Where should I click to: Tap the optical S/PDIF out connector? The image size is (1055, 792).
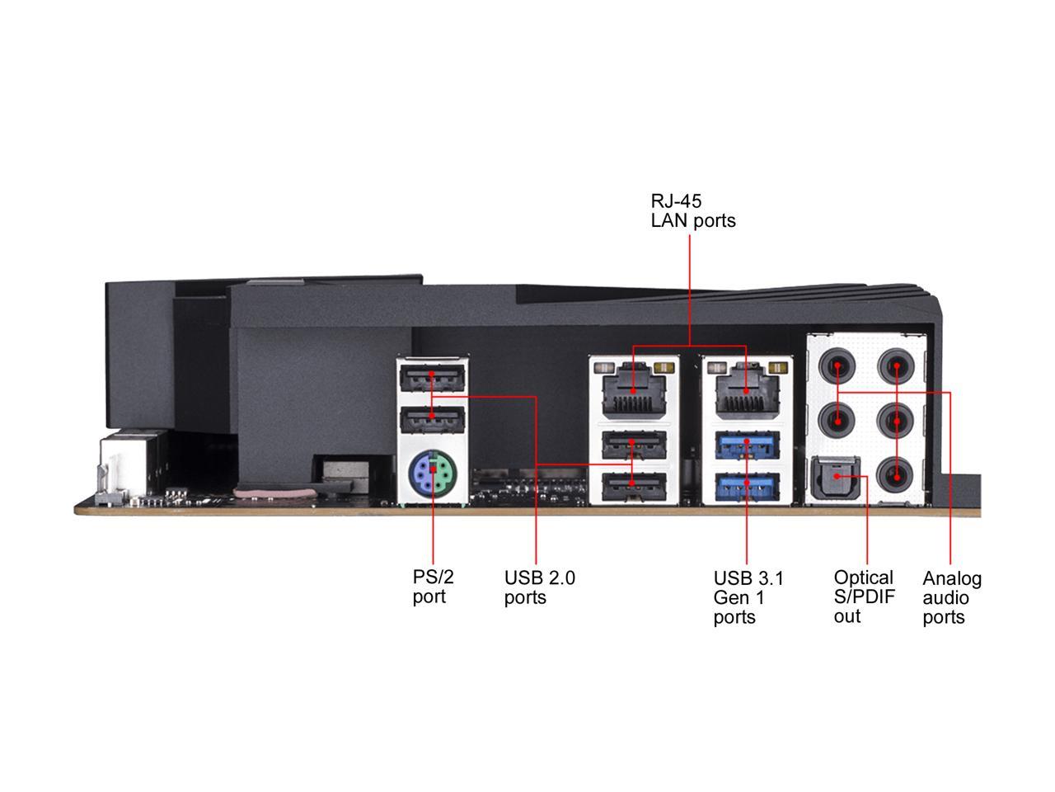835,478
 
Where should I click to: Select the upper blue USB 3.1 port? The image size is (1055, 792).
747,445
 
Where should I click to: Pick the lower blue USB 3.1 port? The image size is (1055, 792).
747,486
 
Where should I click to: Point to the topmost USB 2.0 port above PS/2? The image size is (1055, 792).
432,379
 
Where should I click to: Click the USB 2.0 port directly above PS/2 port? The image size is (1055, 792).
432,420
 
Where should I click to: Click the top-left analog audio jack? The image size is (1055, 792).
837,366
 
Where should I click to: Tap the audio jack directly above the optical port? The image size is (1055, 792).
837,422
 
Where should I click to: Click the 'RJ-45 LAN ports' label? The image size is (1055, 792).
692,210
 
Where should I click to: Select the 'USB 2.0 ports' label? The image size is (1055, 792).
539,587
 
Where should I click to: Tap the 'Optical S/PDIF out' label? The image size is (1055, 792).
864,596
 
